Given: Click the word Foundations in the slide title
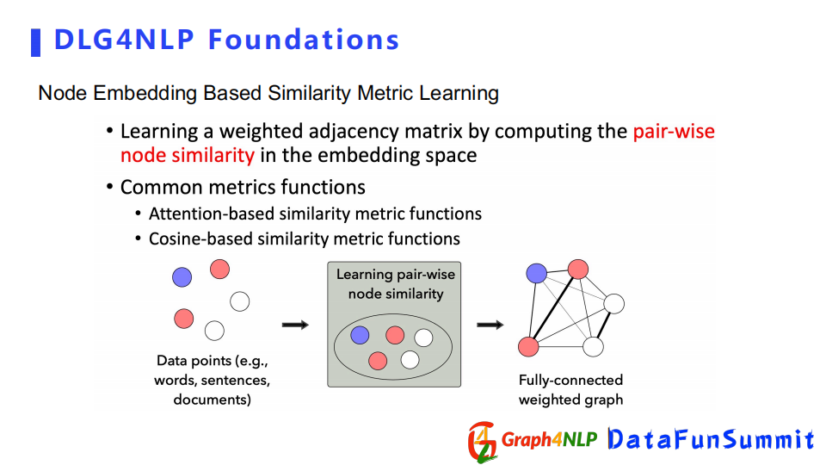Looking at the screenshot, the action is pyautogui.click(x=304, y=40).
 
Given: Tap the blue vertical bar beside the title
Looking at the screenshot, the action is pyautogui.click(x=36, y=43).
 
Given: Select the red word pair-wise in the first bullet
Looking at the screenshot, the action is pyautogui.click(x=674, y=131).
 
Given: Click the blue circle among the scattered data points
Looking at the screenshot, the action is pyautogui.click(x=182, y=276).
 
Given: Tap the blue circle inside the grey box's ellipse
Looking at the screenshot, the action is pyautogui.click(x=360, y=335).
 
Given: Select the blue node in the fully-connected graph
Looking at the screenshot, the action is pyautogui.click(x=536, y=273).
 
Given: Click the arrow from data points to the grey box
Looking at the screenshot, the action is pyautogui.click(x=295, y=325).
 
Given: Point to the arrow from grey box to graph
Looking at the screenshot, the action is pyautogui.click(x=490, y=325).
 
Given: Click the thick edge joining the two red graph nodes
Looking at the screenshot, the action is pyautogui.click(x=553, y=308).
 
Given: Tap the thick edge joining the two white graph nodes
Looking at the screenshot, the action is pyautogui.click(x=604, y=325).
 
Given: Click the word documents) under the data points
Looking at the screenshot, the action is pyautogui.click(x=213, y=400).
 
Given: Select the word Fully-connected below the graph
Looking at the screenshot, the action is pyautogui.click(x=570, y=380).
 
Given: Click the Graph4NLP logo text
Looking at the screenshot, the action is pyautogui.click(x=549, y=439).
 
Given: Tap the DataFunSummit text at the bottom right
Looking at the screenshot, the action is pyautogui.click(x=712, y=439).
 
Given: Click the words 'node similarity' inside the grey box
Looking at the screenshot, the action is pyautogui.click(x=396, y=294).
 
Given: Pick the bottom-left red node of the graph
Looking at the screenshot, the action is pyautogui.click(x=528, y=347).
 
